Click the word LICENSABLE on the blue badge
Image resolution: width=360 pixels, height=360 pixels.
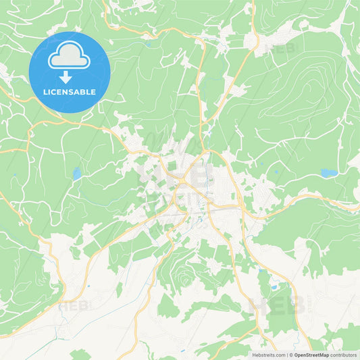pyautogui.click(x=70, y=92)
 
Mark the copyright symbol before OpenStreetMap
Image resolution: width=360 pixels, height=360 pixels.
pyautogui.click(x=290, y=354)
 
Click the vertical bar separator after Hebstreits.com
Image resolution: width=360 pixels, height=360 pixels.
pyautogui.click(x=286, y=354)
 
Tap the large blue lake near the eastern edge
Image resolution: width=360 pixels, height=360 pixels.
pyautogui.click(x=329, y=174)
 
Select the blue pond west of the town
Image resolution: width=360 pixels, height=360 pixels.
pyautogui.click(x=76, y=174)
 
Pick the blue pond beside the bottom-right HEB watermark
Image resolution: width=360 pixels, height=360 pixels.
pyautogui.click(x=274, y=287)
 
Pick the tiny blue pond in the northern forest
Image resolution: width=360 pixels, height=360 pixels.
pyautogui.click(x=148, y=45)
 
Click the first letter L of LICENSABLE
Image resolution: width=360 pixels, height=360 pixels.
pyautogui.click(x=45, y=92)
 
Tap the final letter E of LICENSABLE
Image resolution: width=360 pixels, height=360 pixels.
pyautogui.click(x=94, y=92)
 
